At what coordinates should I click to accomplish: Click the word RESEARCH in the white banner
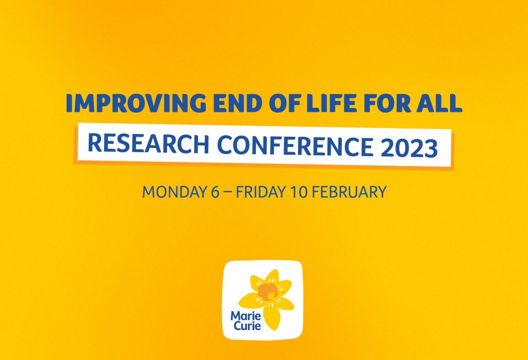148,144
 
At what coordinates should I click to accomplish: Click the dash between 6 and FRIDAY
227,192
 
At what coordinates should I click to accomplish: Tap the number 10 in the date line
299,192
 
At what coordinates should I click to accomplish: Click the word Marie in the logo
241,317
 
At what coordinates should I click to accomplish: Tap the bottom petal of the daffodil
271,317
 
